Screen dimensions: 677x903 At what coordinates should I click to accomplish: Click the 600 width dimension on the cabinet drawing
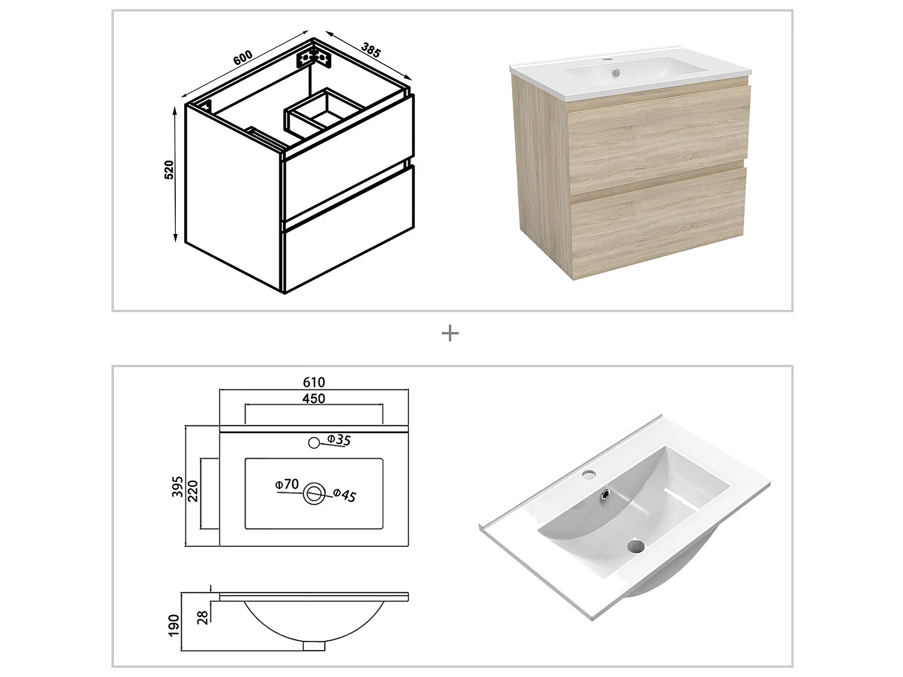point(242,57)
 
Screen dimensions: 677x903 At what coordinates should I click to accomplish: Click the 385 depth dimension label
point(371,50)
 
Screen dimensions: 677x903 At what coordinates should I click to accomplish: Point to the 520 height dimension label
point(169,170)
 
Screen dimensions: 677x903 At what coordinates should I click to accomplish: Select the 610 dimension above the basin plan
point(314,382)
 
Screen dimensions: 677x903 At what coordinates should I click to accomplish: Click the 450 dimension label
point(314,398)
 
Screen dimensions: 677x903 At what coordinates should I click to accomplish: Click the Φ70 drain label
point(287,484)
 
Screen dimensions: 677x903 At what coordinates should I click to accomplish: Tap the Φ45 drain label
point(344,495)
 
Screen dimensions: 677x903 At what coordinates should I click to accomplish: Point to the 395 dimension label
point(177,486)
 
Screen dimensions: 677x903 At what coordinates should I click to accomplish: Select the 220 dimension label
point(193,490)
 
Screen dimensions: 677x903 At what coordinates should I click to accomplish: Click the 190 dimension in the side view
point(174,625)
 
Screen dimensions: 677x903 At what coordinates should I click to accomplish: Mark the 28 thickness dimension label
point(203,616)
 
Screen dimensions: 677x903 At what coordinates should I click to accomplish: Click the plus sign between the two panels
point(450,333)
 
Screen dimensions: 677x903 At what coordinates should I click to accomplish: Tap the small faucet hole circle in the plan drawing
point(313,443)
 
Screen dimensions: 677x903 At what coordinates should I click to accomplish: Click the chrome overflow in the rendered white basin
point(608,495)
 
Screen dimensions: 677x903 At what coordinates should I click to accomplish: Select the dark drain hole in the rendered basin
point(636,546)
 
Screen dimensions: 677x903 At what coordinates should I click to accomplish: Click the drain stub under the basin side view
point(314,646)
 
